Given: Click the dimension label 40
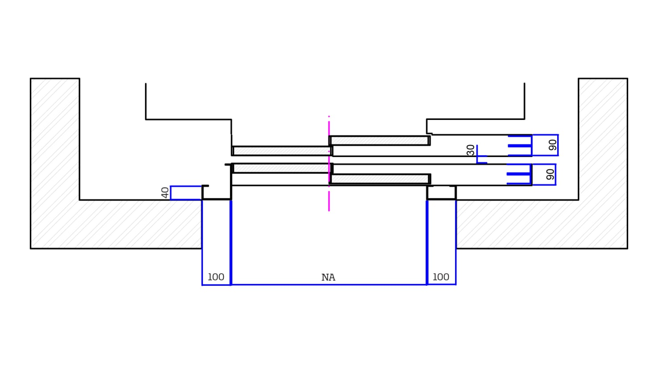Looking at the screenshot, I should pos(165,193).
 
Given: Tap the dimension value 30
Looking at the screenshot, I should pos(471,150).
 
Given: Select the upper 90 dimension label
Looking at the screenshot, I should pos(553,145).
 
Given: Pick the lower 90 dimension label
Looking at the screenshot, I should pos(550,174).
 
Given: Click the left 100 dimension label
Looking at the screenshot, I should pos(216,277).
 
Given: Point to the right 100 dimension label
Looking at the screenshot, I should pos(441,277).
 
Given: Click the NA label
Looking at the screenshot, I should pos(328,278).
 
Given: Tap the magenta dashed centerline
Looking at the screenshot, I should pos(329,201).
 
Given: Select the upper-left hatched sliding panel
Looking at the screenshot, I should pos(282,151).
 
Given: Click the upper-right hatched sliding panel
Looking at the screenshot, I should pos(379,141).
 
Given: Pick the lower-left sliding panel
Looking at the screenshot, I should pos(282,168).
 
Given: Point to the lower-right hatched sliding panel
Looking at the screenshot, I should pos(380,179).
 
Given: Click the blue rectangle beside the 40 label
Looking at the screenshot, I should pos(186,193).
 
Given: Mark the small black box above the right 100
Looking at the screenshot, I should pos(441,193).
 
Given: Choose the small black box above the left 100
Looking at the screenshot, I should pos(217,193).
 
